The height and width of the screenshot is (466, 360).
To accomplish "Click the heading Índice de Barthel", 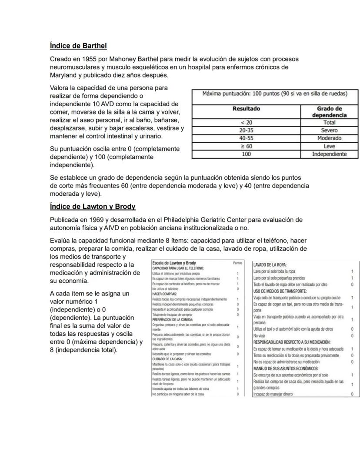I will [78, 46].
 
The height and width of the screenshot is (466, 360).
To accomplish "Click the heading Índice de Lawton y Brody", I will [93, 206].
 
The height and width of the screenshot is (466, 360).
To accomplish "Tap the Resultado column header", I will [246, 109].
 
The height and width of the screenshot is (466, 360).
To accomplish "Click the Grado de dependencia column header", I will [329, 112].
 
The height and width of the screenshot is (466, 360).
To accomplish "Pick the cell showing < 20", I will [246, 123].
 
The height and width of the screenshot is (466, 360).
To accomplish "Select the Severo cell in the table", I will [329, 131].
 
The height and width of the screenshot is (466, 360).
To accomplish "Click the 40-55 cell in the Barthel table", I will [246, 138].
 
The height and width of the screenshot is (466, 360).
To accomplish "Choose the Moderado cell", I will [329, 138].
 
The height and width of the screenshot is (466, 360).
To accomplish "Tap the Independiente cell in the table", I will [329, 154].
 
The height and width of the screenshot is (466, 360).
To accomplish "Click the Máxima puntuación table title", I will [274, 94].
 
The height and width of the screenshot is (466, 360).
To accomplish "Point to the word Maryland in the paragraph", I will [64, 75].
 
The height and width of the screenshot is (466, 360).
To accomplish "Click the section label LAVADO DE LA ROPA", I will [270, 265].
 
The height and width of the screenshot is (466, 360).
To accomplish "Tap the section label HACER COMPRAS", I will [164, 294].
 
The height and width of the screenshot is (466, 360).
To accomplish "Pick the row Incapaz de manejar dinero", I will [273, 394].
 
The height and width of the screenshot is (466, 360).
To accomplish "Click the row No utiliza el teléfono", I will [167, 288].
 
